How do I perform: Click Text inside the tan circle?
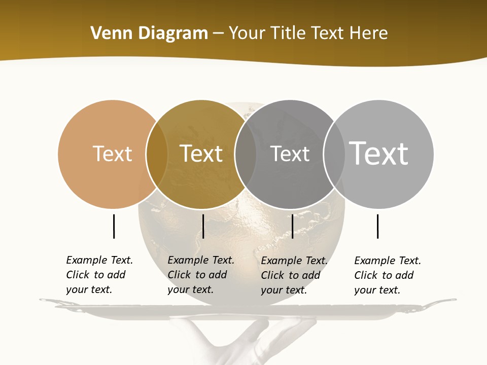click(x=113, y=154)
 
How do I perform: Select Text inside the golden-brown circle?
click(x=201, y=154)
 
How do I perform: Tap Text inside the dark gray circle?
click(x=290, y=154)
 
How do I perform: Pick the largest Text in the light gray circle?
click(x=378, y=153)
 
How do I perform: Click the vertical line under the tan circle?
click(x=114, y=226)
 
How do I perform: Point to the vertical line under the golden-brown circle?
click(x=203, y=226)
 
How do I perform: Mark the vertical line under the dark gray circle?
click(x=292, y=226)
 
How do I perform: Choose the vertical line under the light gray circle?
click(x=377, y=226)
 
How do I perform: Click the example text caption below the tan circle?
click(x=99, y=275)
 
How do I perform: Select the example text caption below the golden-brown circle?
click(x=201, y=275)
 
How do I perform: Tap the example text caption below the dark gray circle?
click(x=294, y=275)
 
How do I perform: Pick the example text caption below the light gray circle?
click(x=388, y=275)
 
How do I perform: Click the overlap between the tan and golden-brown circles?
click(x=157, y=154)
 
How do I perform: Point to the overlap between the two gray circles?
click(x=334, y=154)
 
